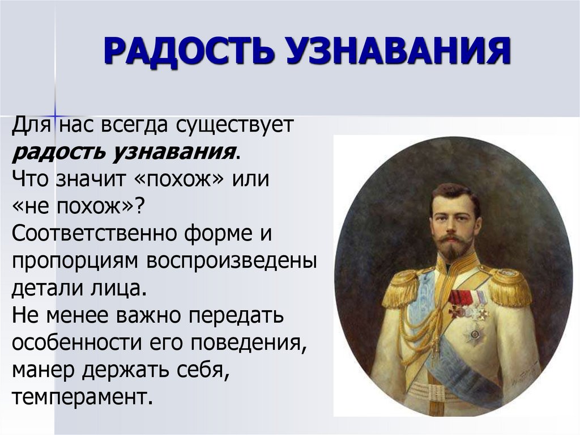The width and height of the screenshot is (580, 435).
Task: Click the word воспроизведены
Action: tap(232, 261)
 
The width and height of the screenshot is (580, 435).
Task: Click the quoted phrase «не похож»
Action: tap(76, 206)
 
